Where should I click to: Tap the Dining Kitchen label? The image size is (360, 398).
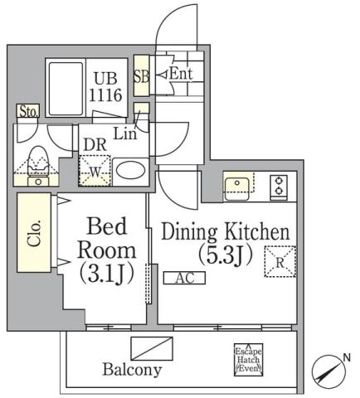click(225, 245)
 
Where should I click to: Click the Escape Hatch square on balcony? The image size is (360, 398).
click(248, 360)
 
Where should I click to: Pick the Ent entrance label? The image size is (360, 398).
click(181, 75)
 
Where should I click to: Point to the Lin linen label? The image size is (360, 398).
click(126, 133)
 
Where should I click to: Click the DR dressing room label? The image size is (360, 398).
click(94, 143)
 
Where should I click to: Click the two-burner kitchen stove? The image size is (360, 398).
click(279, 187)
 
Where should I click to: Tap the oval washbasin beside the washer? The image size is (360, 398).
click(129, 171)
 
